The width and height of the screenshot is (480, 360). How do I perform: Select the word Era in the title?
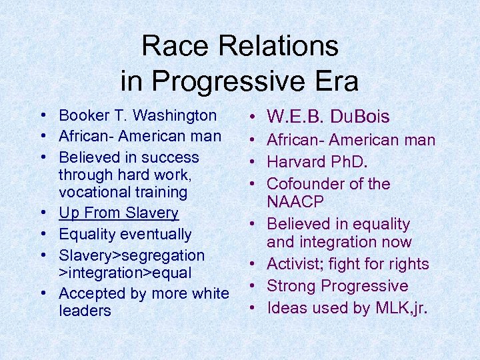336,81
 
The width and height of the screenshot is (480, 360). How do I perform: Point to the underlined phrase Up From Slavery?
119,213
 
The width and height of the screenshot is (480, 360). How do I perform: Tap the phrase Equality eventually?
125,235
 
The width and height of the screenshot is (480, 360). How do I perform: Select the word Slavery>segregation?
131,255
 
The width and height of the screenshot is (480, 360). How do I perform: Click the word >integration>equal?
125,273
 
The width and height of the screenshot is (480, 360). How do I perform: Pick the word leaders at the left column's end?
85,311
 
